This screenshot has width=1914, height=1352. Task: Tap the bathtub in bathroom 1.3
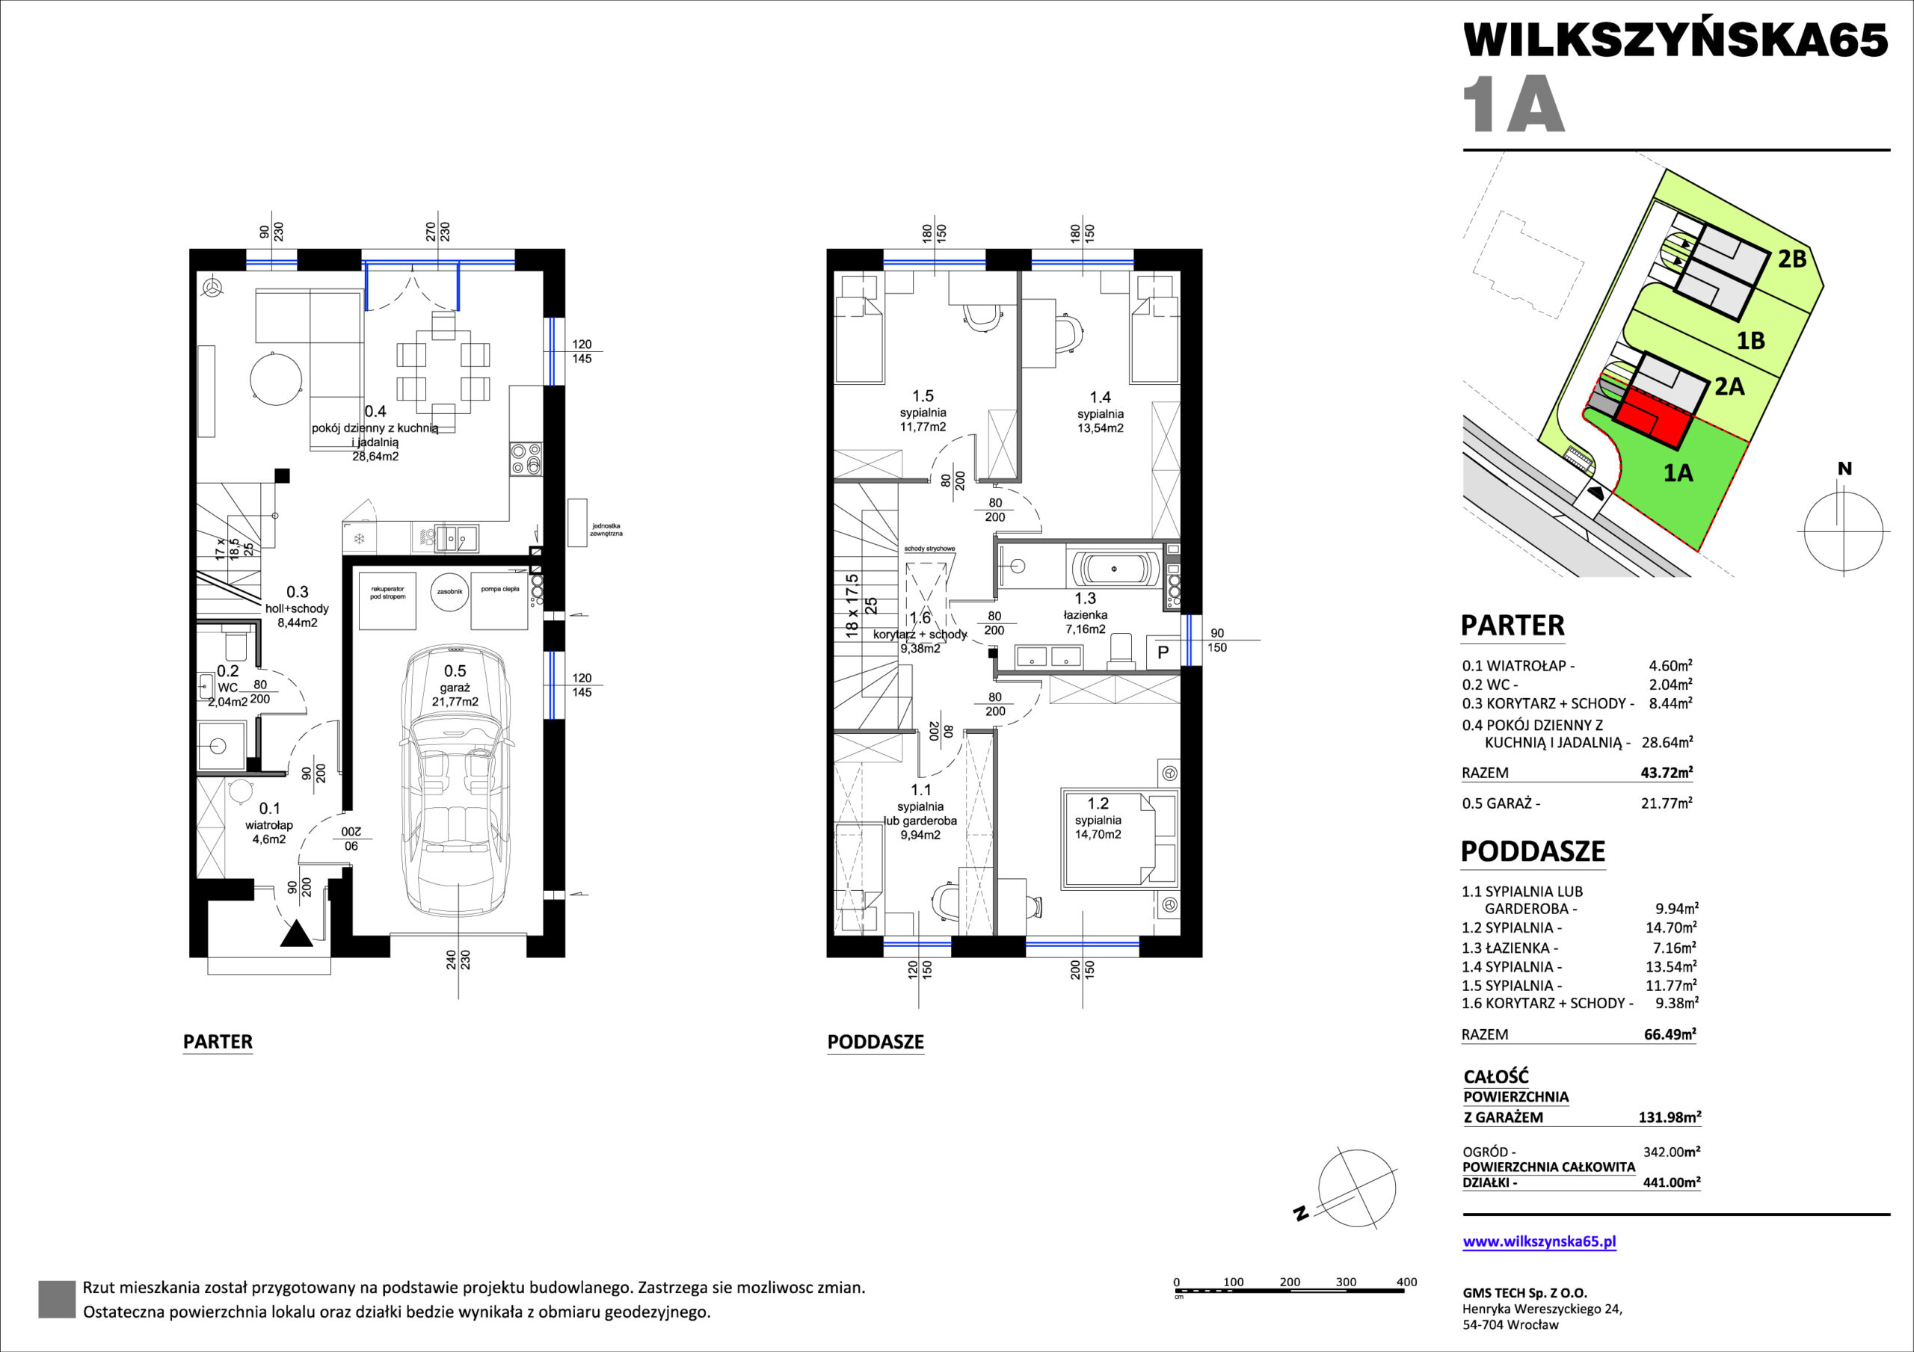coord(1115,569)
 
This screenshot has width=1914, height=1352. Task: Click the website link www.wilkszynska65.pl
coord(1539,1241)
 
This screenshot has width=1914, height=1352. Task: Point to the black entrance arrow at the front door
coord(296,934)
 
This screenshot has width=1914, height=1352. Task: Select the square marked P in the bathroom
coord(1163,652)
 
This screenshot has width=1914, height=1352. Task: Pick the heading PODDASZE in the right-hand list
coord(1533,851)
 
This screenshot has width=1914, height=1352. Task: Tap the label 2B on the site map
coord(1792,259)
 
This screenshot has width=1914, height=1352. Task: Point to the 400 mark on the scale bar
coord(1406,1282)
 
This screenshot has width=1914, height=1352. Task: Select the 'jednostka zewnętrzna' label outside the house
coord(606,530)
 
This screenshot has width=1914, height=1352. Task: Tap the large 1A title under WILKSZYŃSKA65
coord(1514,104)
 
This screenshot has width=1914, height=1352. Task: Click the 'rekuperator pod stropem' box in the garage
coord(387,600)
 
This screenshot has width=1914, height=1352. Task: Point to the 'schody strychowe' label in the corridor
coord(929,549)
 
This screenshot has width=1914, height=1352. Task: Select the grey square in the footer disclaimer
coord(57,1300)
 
